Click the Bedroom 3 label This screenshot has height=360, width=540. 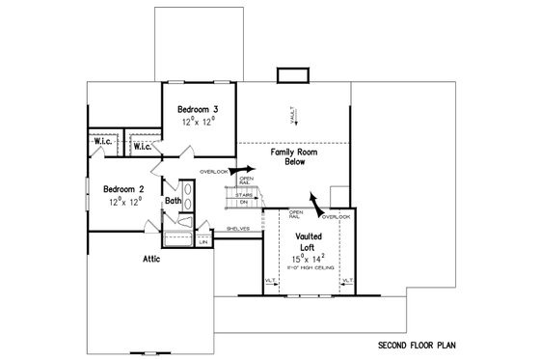199,111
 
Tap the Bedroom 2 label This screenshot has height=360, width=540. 124,189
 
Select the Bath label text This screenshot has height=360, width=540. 173,201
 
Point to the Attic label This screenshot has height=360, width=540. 151,259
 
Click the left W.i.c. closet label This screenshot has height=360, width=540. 103,142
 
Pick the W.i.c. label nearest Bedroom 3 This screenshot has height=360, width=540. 141,147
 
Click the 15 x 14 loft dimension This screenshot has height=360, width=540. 307,259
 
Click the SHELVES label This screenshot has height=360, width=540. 238,229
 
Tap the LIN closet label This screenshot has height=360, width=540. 202,242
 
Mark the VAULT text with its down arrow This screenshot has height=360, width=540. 295,116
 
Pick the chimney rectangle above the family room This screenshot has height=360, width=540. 289,74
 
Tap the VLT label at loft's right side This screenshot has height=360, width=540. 346,281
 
